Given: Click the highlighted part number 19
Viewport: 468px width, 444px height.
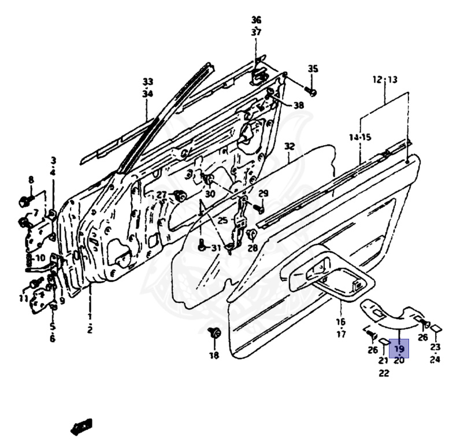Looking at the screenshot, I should (399, 349).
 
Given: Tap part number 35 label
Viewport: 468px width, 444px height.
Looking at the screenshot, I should (313, 69).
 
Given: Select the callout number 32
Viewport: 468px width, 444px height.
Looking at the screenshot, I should (289, 147).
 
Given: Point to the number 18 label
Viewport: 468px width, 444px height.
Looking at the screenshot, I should (214, 356).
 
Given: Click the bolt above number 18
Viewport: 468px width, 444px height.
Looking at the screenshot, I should (215, 333).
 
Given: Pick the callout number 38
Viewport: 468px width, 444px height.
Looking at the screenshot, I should (298, 105).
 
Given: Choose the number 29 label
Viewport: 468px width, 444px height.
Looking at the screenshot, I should (263, 193).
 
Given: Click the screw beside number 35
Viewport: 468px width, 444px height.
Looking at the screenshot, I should (311, 91).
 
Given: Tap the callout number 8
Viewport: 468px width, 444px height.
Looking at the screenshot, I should (31, 180).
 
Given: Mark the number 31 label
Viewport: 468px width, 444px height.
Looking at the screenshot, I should (216, 248).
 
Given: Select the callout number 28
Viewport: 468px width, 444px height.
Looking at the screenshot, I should (252, 248).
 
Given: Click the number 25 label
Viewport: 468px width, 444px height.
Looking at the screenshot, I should (223, 220).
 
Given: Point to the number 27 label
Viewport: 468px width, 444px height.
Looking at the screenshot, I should (161, 194).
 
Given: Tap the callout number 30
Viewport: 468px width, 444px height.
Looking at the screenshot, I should (210, 194).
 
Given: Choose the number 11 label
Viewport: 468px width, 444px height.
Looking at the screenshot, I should (23, 298).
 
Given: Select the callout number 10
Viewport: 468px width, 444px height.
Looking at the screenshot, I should (39, 258).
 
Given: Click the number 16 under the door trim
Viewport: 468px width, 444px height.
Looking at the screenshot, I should (340, 322).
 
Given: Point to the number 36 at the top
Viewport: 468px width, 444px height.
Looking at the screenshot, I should (256, 20).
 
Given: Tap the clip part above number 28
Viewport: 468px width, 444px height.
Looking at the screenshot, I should (251, 234).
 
